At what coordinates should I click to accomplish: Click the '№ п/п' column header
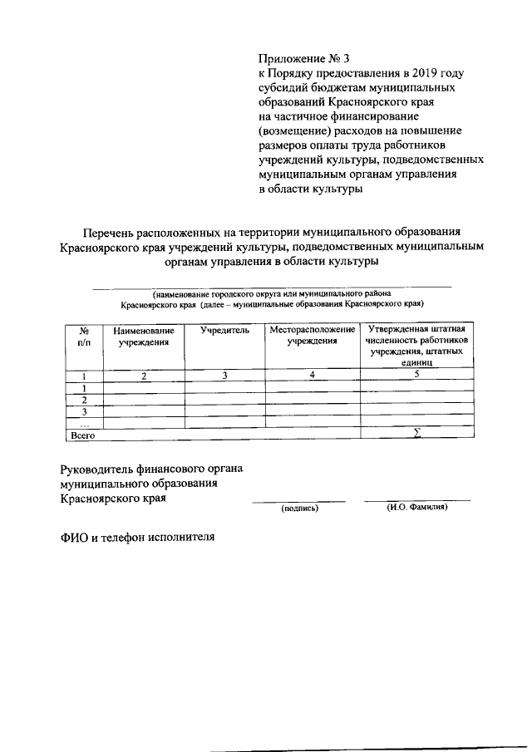[84, 336]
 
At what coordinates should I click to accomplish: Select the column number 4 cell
[313, 376]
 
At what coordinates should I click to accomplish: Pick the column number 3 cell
[224, 376]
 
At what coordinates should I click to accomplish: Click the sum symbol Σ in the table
[417, 433]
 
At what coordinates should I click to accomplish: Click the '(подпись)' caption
[299, 507]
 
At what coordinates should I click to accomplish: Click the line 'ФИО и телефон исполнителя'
[137, 537]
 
